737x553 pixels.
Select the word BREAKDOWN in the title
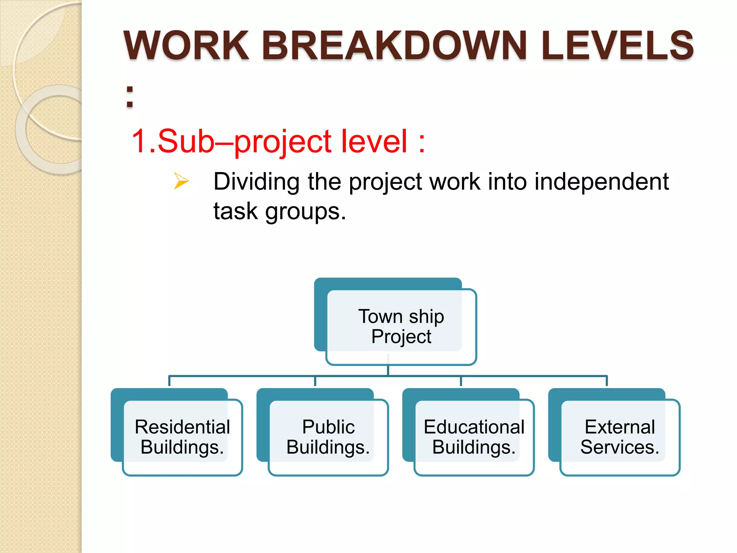394,46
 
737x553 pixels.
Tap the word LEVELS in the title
617,46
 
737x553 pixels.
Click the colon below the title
130,97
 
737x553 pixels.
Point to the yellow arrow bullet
181,181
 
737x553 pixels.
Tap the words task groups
280,211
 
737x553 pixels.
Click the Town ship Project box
401,327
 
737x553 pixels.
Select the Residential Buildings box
182,437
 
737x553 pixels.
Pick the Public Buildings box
328,437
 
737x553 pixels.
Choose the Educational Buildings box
474,437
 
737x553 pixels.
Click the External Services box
619,437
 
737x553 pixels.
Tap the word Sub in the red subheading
186,141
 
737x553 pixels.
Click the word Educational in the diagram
474,427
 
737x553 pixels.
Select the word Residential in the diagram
182,427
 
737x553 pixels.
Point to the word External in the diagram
619,427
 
